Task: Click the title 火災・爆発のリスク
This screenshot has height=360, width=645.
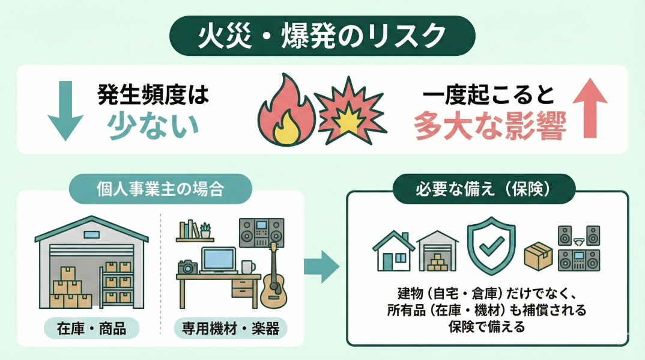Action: tap(322, 36)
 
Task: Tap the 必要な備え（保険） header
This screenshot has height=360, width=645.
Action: tap(483, 190)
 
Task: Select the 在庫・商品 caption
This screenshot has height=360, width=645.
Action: tap(91, 328)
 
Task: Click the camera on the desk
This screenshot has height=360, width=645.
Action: tap(187, 267)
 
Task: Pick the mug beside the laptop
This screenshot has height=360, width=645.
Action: tap(247, 266)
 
